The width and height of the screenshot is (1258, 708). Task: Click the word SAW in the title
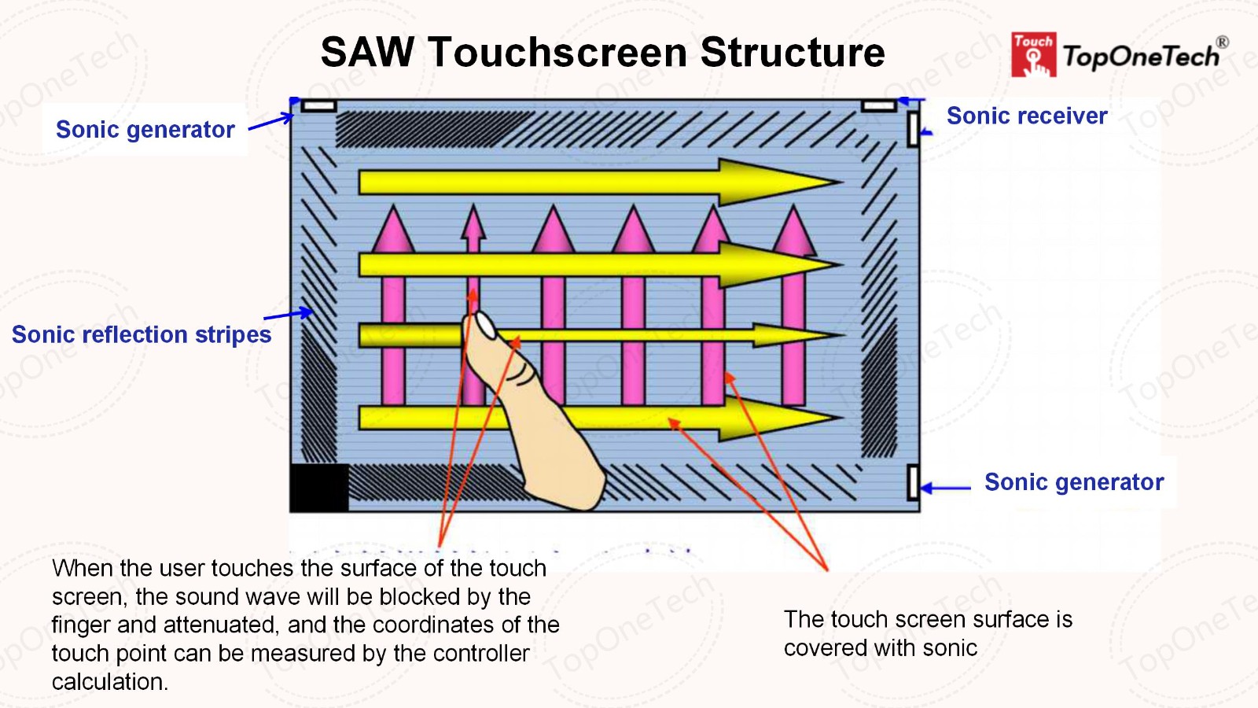point(367,52)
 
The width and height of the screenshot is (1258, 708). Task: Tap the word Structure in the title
point(793,52)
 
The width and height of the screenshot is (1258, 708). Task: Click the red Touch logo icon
point(1033,54)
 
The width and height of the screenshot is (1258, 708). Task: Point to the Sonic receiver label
point(1027,116)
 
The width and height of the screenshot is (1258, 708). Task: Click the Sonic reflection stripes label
point(142,334)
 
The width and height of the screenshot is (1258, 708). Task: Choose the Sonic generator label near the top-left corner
point(145,129)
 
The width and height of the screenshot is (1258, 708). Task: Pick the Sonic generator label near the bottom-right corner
point(1074,481)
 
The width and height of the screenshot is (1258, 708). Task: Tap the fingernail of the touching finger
point(485,326)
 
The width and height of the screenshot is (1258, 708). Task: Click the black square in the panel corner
point(319,487)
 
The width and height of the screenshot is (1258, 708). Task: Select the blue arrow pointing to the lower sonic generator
point(946,488)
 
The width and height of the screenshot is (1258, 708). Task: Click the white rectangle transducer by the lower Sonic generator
point(913,482)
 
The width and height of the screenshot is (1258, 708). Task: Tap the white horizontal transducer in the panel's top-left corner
point(318,105)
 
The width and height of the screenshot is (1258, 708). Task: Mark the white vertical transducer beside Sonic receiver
point(913,129)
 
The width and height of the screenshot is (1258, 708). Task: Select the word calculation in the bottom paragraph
point(110,681)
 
